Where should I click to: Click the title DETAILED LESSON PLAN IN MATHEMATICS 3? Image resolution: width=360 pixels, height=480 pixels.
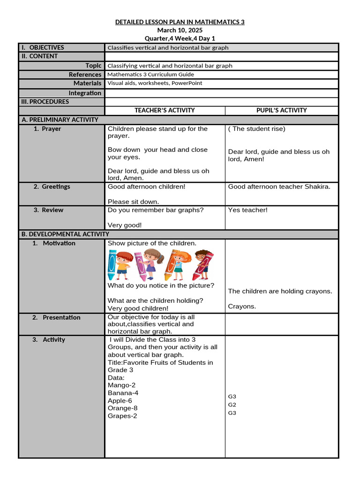click(x=180, y=22)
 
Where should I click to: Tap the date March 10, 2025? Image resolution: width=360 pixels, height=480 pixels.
click(x=180, y=30)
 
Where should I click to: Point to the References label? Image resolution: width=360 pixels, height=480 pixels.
click(x=85, y=75)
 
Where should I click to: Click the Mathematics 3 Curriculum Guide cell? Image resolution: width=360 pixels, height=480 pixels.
click(x=150, y=75)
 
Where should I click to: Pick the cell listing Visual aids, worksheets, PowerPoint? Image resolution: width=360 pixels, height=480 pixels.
click(x=155, y=83)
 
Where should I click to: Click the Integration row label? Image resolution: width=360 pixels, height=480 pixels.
click(x=85, y=93)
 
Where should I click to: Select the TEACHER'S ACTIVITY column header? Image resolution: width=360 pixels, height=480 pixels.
click(x=165, y=111)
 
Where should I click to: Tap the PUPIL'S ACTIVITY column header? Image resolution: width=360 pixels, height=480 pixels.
click(x=281, y=111)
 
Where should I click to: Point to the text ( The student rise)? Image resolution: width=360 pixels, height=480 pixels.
click(x=256, y=129)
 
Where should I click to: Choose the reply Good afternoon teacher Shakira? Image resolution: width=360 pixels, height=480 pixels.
click(x=279, y=187)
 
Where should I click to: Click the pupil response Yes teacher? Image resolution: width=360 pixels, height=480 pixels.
click(x=247, y=210)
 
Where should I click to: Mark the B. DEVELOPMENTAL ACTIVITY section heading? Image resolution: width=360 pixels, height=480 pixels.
click(x=65, y=234)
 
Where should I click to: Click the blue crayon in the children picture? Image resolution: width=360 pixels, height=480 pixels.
click(x=112, y=264)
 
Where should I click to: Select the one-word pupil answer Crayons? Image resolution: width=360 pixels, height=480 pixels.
click(x=242, y=307)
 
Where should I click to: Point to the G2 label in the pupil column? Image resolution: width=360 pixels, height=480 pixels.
click(x=232, y=405)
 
